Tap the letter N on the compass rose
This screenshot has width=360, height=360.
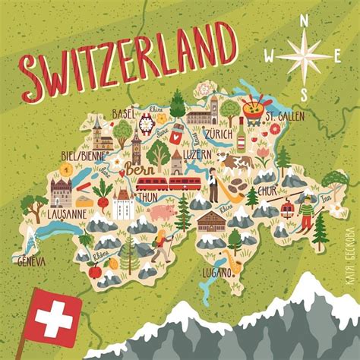[305, 22]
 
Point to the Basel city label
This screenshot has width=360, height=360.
[123, 114]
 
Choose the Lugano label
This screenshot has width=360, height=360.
[216, 272]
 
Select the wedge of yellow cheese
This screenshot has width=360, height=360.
[82, 200]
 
